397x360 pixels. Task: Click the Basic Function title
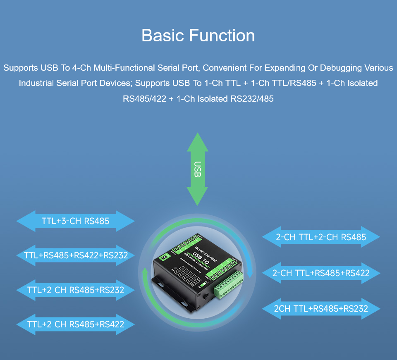pos(198,36)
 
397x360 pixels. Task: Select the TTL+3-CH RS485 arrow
pos(76,221)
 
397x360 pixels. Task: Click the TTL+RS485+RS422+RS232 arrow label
pos(76,255)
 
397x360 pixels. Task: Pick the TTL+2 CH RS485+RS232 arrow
pos(76,290)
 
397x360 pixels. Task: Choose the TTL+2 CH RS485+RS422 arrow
pos(76,324)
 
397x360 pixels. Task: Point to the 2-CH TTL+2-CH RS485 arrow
pos(321,237)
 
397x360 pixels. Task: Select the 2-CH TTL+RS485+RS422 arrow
pos(321,273)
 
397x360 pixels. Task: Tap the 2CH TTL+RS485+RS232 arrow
pos(321,308)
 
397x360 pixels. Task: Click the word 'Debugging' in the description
pos(340,67)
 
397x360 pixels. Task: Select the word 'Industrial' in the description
pos(36,83)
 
